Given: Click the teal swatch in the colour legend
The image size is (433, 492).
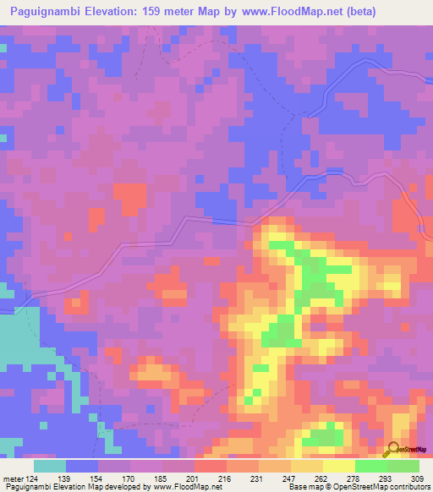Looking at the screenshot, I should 50,466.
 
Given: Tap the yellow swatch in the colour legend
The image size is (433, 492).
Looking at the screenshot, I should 338,466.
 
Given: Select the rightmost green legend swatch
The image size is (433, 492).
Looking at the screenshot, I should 403,466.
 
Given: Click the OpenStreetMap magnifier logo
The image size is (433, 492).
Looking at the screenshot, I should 394,448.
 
